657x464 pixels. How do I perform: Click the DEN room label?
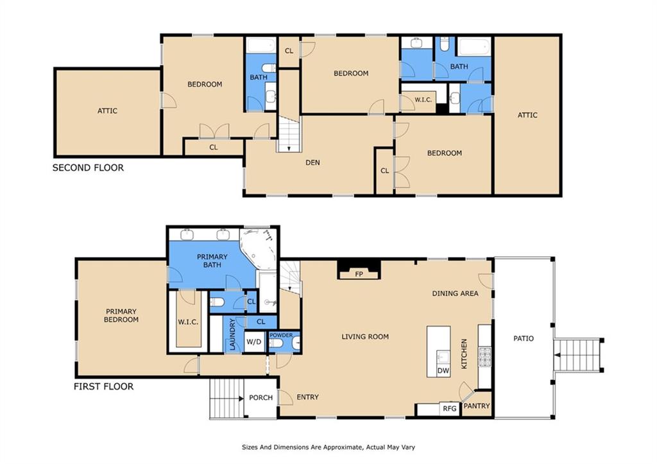[x=312, y=162]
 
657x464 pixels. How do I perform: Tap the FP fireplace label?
[x=359, y=274]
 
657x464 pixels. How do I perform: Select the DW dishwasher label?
[x=443, y=370]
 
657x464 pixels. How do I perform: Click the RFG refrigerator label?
[x=450, y=408]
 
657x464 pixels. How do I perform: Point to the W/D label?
[x=253, y=341]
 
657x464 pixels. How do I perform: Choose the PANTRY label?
[x=477, y=406]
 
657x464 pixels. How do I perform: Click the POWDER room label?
[x=281, y=335]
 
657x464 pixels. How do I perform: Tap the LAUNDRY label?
[x=232, y=334]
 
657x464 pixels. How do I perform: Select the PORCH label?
[x=260, y=397]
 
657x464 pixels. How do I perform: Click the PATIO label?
[x=524, y=338]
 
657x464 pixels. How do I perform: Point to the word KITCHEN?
[x=464, y=354]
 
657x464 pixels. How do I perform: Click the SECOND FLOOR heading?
[x=88, y=168]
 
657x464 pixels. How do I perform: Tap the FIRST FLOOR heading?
[x=103, y=386]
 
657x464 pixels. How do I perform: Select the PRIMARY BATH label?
[x=212, y=261]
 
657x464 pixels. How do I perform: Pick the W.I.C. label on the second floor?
[x=423, y=99]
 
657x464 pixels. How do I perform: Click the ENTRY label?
[x=307, y=397]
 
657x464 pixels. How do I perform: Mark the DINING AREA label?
[x=455, y=293]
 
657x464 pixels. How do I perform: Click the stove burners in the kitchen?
[x=485, y=357]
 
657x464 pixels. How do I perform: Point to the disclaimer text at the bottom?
[x=328, y=447]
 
